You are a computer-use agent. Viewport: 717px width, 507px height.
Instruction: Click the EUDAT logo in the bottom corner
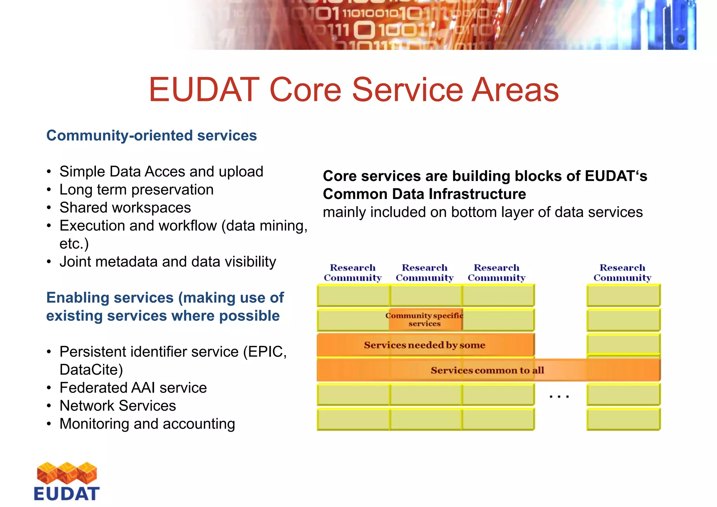pos(67,481)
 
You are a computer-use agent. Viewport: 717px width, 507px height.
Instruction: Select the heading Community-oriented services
pos(151,136)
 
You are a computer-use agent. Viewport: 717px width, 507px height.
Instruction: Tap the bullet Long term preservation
pos(136,190)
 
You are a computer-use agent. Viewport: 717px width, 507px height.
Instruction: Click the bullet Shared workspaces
pos(125,208)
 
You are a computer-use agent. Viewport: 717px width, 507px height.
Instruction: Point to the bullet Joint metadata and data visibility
pos(168,262)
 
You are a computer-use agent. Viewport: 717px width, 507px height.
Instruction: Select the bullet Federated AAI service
pos(133,388)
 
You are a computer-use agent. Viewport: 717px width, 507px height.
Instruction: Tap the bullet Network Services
pos(118,406)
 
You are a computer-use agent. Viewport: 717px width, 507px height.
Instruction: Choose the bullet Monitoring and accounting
pos(147,424)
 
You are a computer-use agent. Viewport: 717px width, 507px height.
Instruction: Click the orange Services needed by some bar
pos(424,345)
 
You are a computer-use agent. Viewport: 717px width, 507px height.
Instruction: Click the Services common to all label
pos(487,370)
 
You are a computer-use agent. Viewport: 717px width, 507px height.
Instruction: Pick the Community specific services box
pos(425,319)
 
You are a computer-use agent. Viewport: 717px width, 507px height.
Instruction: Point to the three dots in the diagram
pos(559,397)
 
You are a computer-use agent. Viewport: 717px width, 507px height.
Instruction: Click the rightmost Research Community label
pos(622,273)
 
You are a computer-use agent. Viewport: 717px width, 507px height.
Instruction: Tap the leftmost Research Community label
pos(353,273)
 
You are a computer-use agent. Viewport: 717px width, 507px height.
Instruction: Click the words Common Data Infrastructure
pos(424,194)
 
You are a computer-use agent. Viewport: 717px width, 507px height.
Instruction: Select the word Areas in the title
pos(515,90)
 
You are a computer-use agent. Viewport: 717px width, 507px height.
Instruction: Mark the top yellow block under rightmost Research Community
pos(623,295)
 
